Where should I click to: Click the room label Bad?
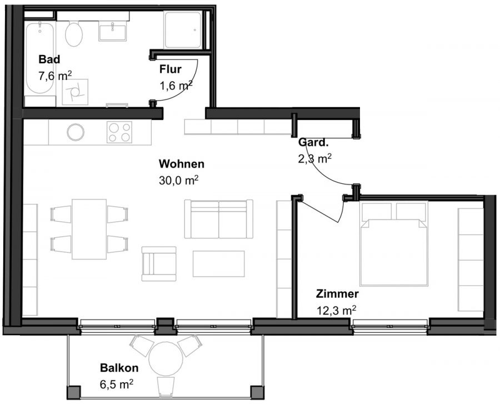point(49,59)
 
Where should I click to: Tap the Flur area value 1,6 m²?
point(176,85)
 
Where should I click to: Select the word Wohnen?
point(182,164)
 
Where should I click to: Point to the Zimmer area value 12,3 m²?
point(336,310)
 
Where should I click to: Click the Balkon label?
point(119,368)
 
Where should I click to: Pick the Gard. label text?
point(313,142)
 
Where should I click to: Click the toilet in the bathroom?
point(74,33)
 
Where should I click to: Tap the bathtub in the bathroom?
point(40,58)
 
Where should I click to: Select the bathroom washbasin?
point(113,31)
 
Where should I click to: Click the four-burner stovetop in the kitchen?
point(119,132)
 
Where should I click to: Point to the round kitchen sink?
point(76,132)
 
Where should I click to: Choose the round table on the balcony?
point(166,359)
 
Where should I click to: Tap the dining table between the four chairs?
point(89,230)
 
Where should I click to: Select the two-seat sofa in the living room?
point(219,219)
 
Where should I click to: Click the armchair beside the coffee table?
point(159,264)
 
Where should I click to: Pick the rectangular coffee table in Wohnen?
point(219,264)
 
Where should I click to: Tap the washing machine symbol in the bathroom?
point(75,92)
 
